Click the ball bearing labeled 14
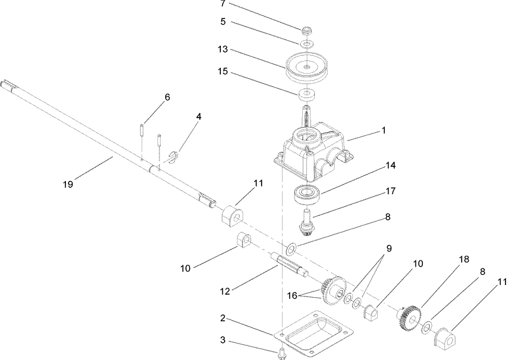point(309,193)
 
